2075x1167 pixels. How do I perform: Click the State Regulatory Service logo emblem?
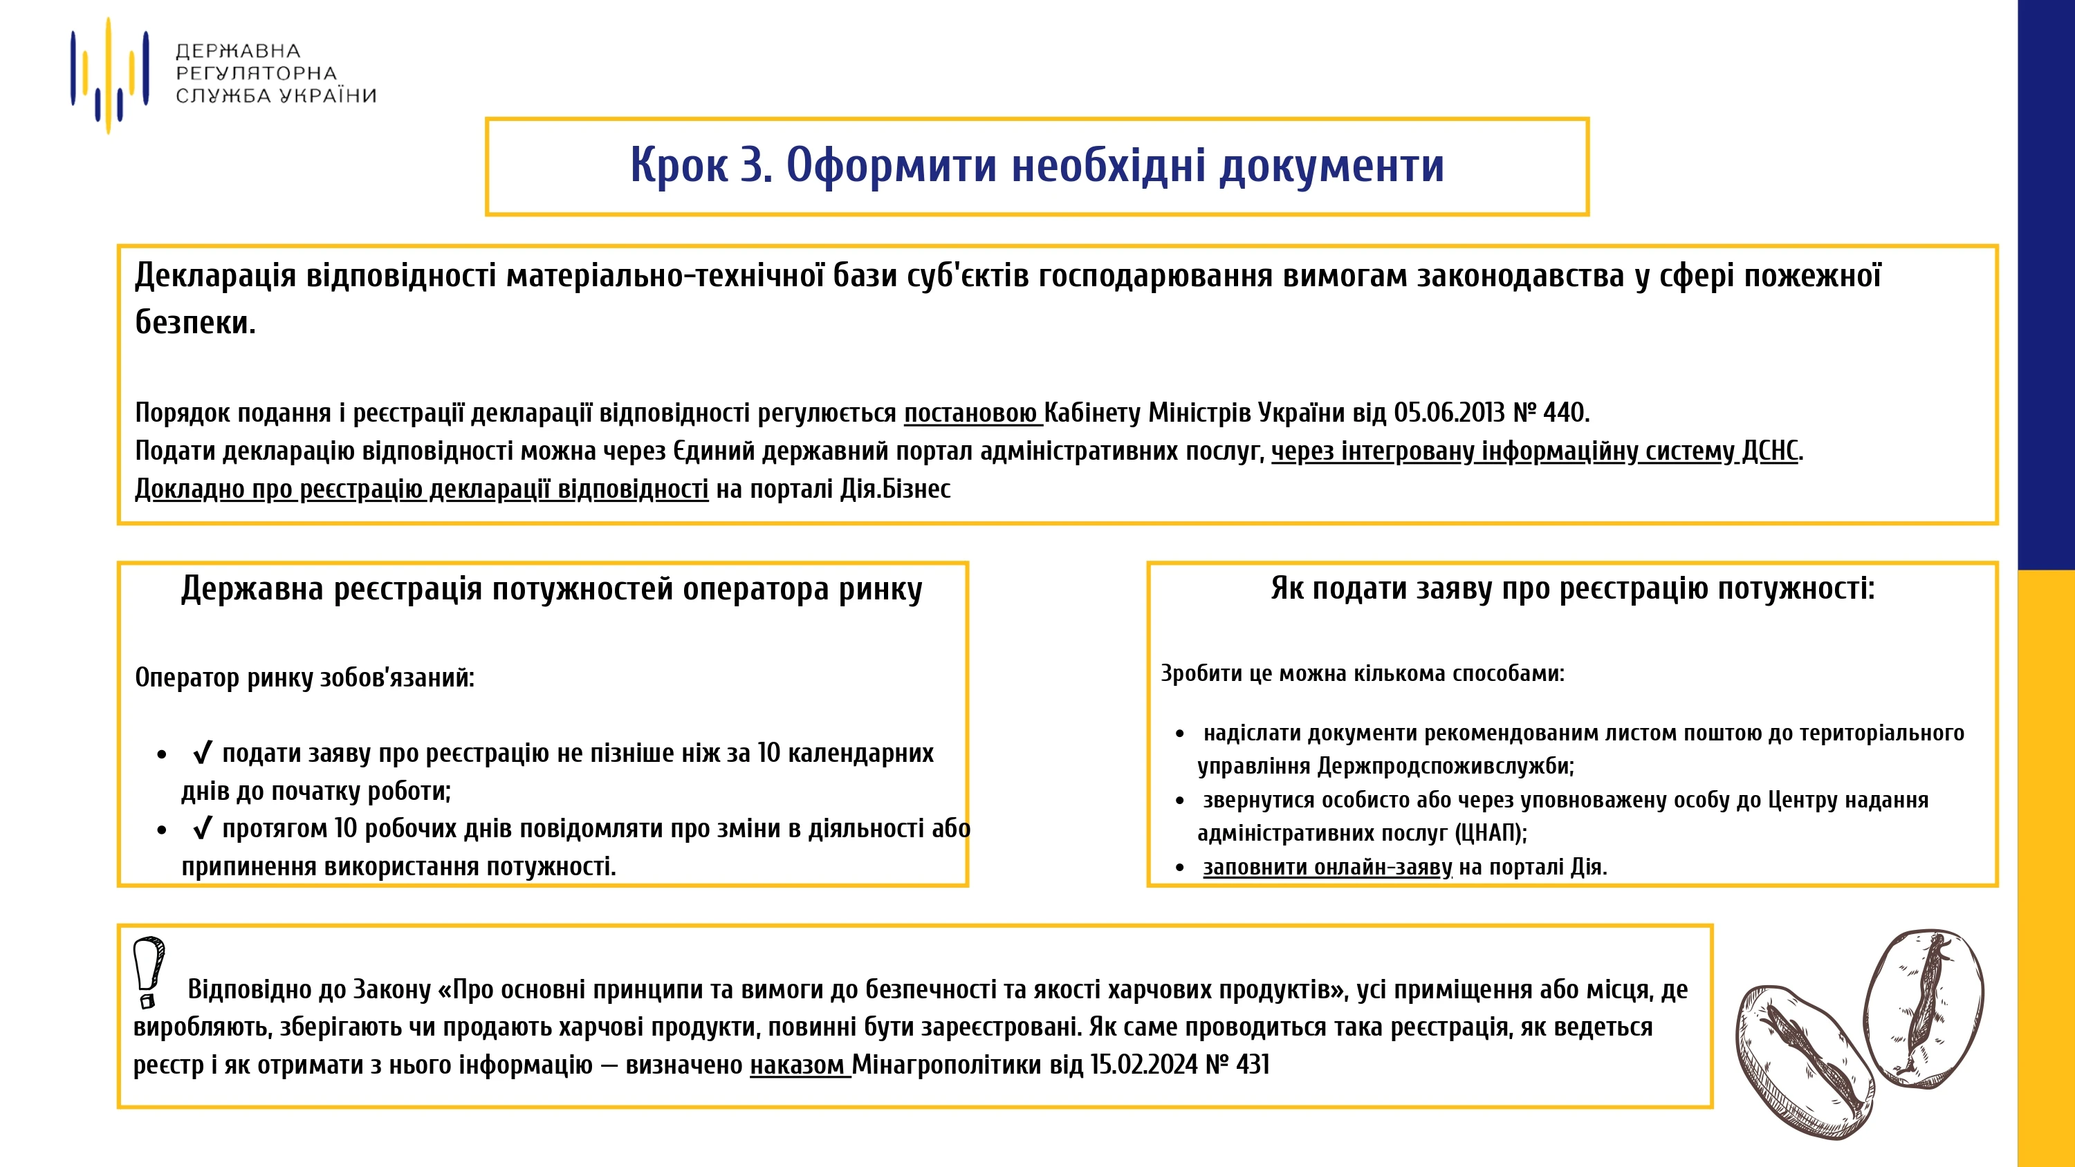pos(109,75)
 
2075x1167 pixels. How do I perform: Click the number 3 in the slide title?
pos(753,165)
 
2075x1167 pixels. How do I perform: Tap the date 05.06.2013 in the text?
pos(1448,413)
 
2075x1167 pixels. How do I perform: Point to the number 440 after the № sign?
pos(1562,413)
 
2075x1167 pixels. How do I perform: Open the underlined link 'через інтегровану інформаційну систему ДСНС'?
pos(1535,451)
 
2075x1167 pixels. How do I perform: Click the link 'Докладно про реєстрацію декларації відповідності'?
pos(421,489)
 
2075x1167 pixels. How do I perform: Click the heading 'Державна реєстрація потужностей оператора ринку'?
pos(551,589)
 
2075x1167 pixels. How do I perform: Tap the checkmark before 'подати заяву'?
pos(202,753)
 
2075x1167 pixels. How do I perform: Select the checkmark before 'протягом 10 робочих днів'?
pos(202,829)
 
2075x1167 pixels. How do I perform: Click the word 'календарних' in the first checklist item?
pos(860,753)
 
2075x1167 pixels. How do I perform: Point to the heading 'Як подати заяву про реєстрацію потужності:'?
pos(1572,589)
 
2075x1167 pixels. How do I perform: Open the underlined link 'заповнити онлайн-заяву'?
pos(1327,868)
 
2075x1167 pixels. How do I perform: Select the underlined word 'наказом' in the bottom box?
pos(798,1065)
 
